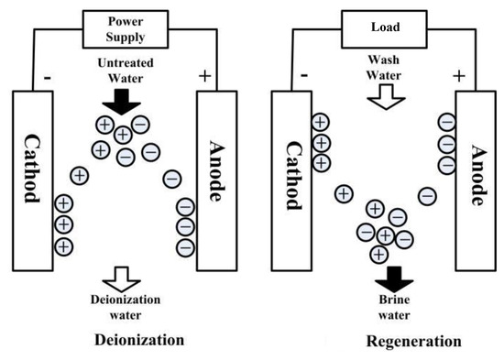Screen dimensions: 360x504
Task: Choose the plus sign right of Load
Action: coord(459,75)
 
